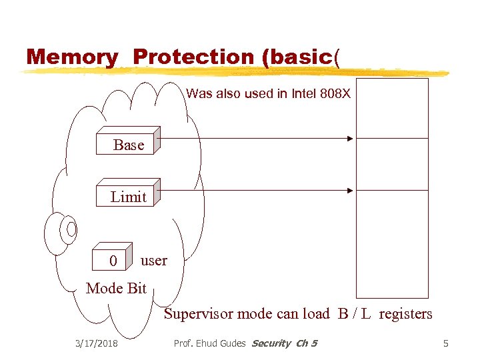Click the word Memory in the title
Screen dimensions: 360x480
click(x=71, y=57)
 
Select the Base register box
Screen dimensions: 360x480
click(x=127, y=144)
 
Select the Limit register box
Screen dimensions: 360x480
click(x=127, y=196)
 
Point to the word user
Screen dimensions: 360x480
click(x=154, y=260)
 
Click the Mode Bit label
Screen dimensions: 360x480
click(x=116, y=288)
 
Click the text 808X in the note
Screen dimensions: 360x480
click(x=333, y=94)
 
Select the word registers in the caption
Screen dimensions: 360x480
click(x=405, y=313)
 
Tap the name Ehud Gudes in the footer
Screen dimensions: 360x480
click(x=221, y=343)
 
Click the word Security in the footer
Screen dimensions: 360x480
click(x=271, y=343)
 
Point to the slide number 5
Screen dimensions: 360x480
click(x=446, y=343)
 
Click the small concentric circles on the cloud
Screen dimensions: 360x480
click(x=69, y=229)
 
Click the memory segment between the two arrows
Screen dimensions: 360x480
click(x=392, y=165)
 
